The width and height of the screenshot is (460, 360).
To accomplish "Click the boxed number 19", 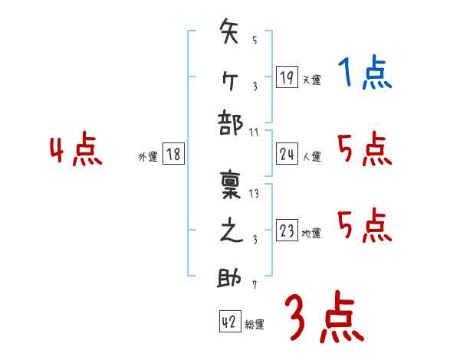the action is (x=287, y=77).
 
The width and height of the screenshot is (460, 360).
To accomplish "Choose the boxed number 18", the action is (x=173, y=155).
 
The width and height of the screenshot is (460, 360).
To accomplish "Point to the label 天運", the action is (x=311, y=80).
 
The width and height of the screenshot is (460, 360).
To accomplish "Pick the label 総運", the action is (x=255, y=325).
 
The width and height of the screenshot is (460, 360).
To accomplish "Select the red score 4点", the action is (x=75, y=150).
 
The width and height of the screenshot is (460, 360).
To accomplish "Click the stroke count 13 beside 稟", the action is (x=254, y=193).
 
